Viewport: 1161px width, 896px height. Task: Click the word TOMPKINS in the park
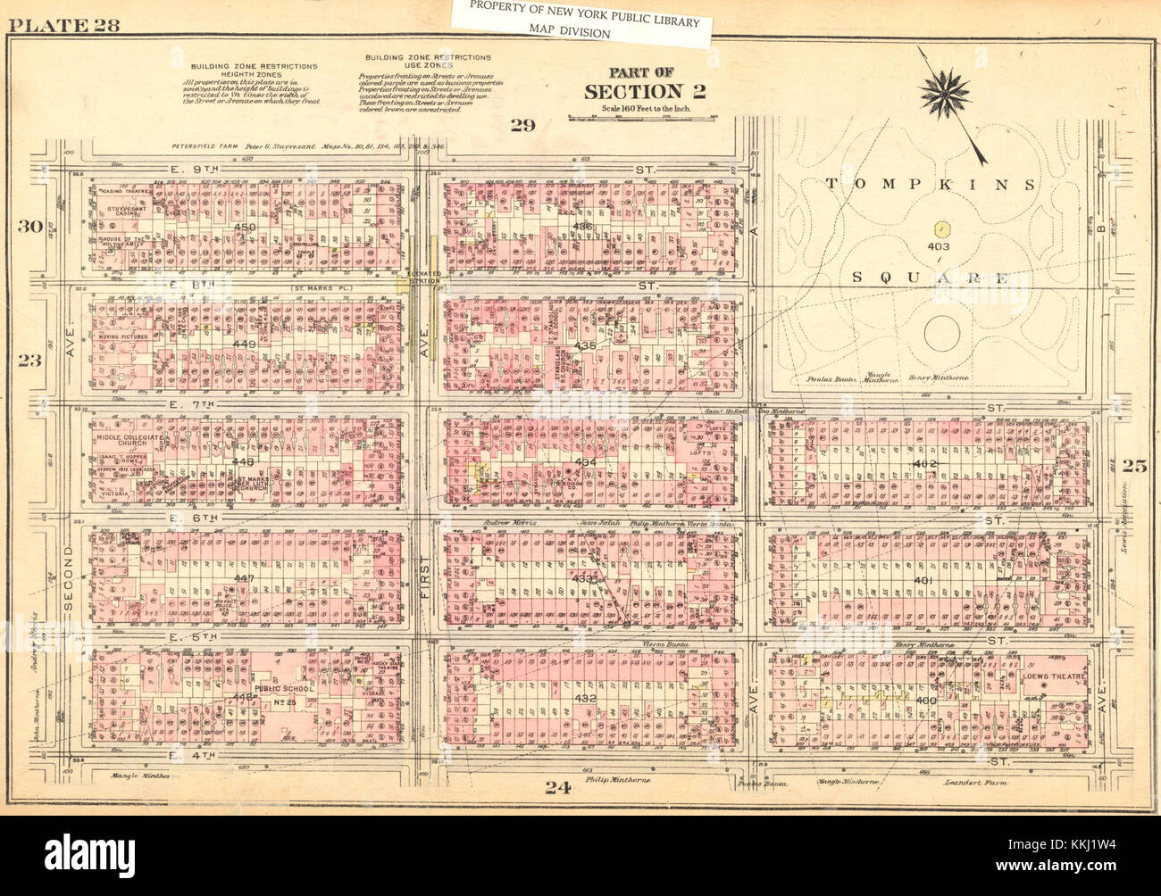tap(929, 185)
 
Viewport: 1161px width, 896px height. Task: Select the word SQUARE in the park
tap(929, 278)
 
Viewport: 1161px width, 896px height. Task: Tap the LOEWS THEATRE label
tap(1055, 676)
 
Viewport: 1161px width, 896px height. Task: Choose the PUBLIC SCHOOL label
tap(275, 689)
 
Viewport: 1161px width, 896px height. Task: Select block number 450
tap(244, 228)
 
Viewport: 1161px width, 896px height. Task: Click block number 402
tap(923, 465)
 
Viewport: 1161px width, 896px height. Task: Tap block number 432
tap(586, 697)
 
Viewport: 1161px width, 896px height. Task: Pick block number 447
tap(244, 579)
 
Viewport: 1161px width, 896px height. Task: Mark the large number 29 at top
tap(522, 125)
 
